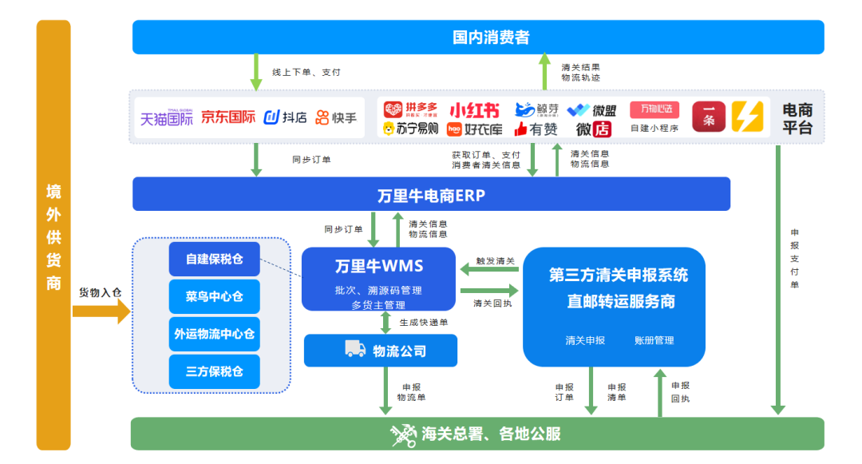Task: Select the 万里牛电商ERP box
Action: pos(431,195)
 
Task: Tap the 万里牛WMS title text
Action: pos(379,266)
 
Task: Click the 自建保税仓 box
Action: pos(214,259)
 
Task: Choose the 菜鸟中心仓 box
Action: pos(214,296)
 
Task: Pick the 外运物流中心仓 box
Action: pos(214,334)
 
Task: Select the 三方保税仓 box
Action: pos(214,371)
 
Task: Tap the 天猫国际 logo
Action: pos(167,118)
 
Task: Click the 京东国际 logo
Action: pos(228,117)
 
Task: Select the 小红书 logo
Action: pos(474,110)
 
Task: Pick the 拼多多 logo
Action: pos(410,109)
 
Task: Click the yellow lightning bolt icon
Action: pos(748,117)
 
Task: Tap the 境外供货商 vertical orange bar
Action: pos(53,236)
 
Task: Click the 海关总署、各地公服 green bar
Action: pos(477,434)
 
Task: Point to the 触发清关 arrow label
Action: pos(496,262)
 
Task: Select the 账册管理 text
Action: pos(654,340)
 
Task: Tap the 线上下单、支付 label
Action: pos(306,72)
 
